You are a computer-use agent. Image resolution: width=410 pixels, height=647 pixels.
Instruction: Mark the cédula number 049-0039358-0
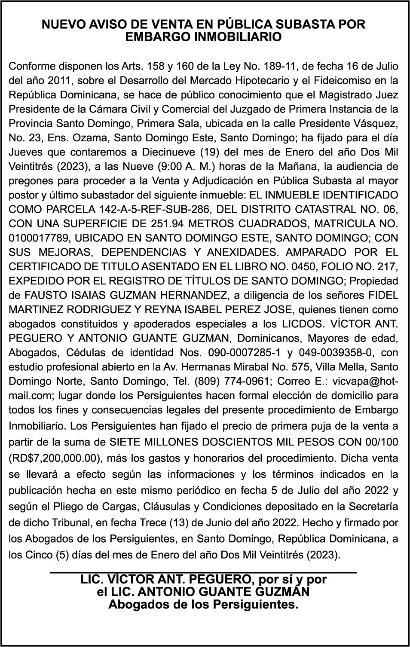[x=336, y=353]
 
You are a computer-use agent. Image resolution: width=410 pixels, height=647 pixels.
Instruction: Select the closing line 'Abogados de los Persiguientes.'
[x=203, y=604]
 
